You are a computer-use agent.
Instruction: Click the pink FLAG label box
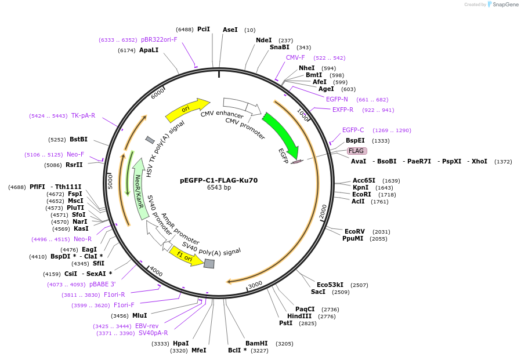click(356, 151)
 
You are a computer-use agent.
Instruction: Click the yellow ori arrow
click(187, 109)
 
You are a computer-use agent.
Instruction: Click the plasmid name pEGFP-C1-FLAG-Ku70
click(219, 180)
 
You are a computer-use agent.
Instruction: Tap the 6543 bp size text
click(219, 188)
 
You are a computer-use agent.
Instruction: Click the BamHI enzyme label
click(256, 343)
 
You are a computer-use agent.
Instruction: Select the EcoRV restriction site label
click(354, 231)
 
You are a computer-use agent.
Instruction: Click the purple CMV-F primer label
click(295, 57)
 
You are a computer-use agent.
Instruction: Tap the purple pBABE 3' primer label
click(103, 284)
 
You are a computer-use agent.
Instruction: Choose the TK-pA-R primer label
click(83, 115)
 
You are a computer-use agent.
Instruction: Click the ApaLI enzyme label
click(149, 50)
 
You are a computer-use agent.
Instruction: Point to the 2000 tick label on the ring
click(323, 212)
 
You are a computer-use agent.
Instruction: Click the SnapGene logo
click(502, 5)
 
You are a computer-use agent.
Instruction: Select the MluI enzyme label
click(139, 315)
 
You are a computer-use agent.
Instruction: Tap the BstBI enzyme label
click(78, 139)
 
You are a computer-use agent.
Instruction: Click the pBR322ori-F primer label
click(159, 39)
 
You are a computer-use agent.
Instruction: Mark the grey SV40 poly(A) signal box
click(209, 264)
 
